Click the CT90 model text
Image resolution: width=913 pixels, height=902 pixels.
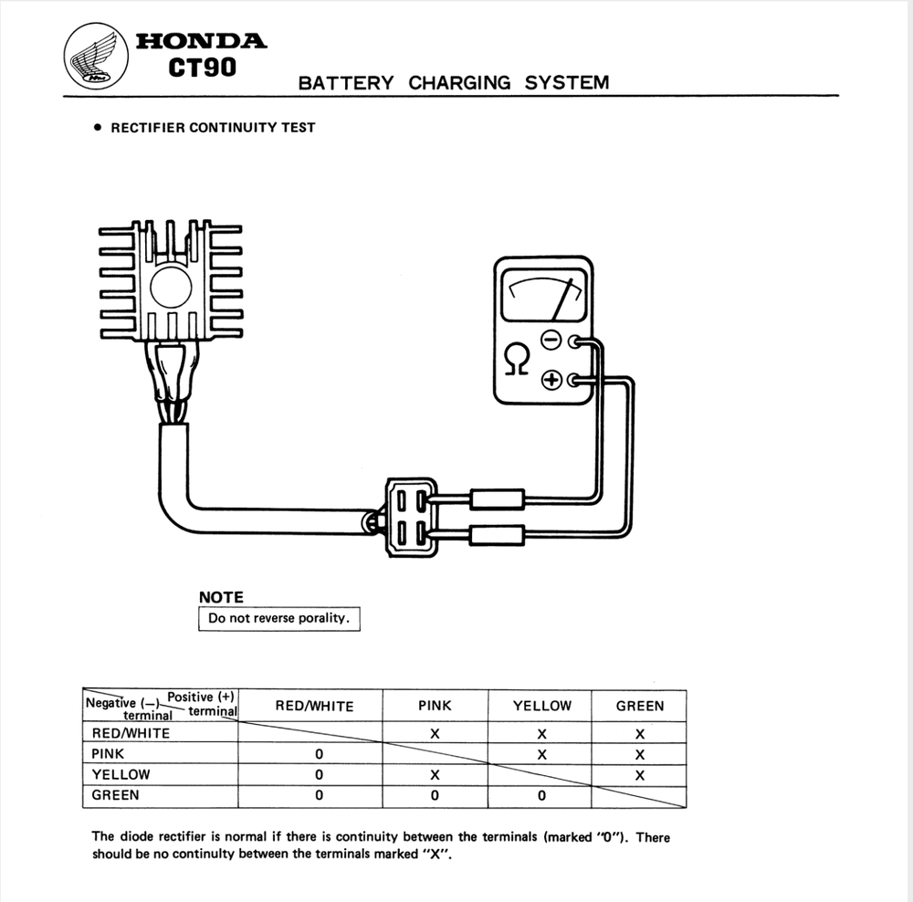click(x=202, y=69)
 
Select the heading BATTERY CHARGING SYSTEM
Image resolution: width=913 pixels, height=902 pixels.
click(x=453, y=83)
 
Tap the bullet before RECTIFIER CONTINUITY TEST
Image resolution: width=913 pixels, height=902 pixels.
click(x=98, y=128)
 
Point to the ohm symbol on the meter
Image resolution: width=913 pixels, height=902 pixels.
click(x=516, y=360)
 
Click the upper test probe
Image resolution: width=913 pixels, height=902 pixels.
click(x=496, y=498)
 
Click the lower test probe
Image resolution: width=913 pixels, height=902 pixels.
click(x=496, y=536)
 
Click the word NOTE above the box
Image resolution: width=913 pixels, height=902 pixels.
click(x=221, y=597)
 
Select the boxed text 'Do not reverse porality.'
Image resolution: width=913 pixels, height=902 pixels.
click(x=278, y=618)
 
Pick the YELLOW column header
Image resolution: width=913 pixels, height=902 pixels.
click(x=541, y=706)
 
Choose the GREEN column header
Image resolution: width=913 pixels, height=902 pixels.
click(x=640, y=706)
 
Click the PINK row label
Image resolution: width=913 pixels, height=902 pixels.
click(x=109, y=754)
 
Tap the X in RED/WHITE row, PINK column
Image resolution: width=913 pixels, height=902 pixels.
click(x=435, y=733)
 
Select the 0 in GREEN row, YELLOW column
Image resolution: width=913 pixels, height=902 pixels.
click(x=541, y=795)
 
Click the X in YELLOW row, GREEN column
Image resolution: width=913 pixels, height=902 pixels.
click(x=640, y=775)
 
